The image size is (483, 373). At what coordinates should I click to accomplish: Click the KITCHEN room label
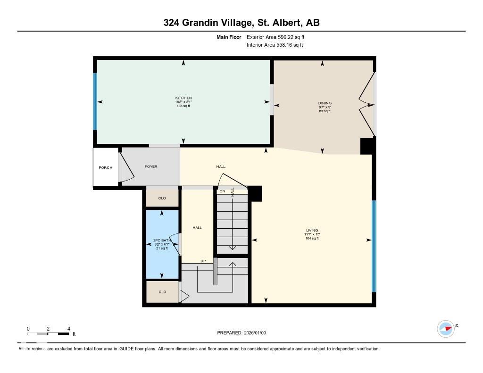point(183,98)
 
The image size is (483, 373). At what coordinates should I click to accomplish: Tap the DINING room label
point(325,103)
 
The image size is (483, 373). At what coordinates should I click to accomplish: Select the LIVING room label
point(312,231)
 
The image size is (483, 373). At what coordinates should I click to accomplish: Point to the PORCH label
point(105,167)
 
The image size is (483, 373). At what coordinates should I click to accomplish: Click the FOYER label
point(151,166)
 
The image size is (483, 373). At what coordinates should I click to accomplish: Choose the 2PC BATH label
point(162,240)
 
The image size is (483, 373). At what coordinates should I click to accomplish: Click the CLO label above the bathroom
point(162,198)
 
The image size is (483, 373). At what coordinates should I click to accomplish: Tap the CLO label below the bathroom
point(162,292)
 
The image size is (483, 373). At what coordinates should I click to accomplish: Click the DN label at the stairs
point(222,191)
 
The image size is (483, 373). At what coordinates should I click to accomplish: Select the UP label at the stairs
point(203,261)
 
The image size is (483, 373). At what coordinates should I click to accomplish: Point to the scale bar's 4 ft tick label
point(69,329)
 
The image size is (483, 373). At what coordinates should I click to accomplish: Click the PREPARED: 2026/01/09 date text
point(241,333)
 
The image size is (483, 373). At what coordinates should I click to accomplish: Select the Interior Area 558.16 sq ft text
point(275,45)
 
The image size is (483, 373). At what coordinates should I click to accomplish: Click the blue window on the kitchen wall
point(95,101)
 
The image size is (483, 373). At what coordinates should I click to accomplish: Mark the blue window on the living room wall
point(374,246)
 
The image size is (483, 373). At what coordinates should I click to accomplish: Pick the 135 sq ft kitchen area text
point(183,106)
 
